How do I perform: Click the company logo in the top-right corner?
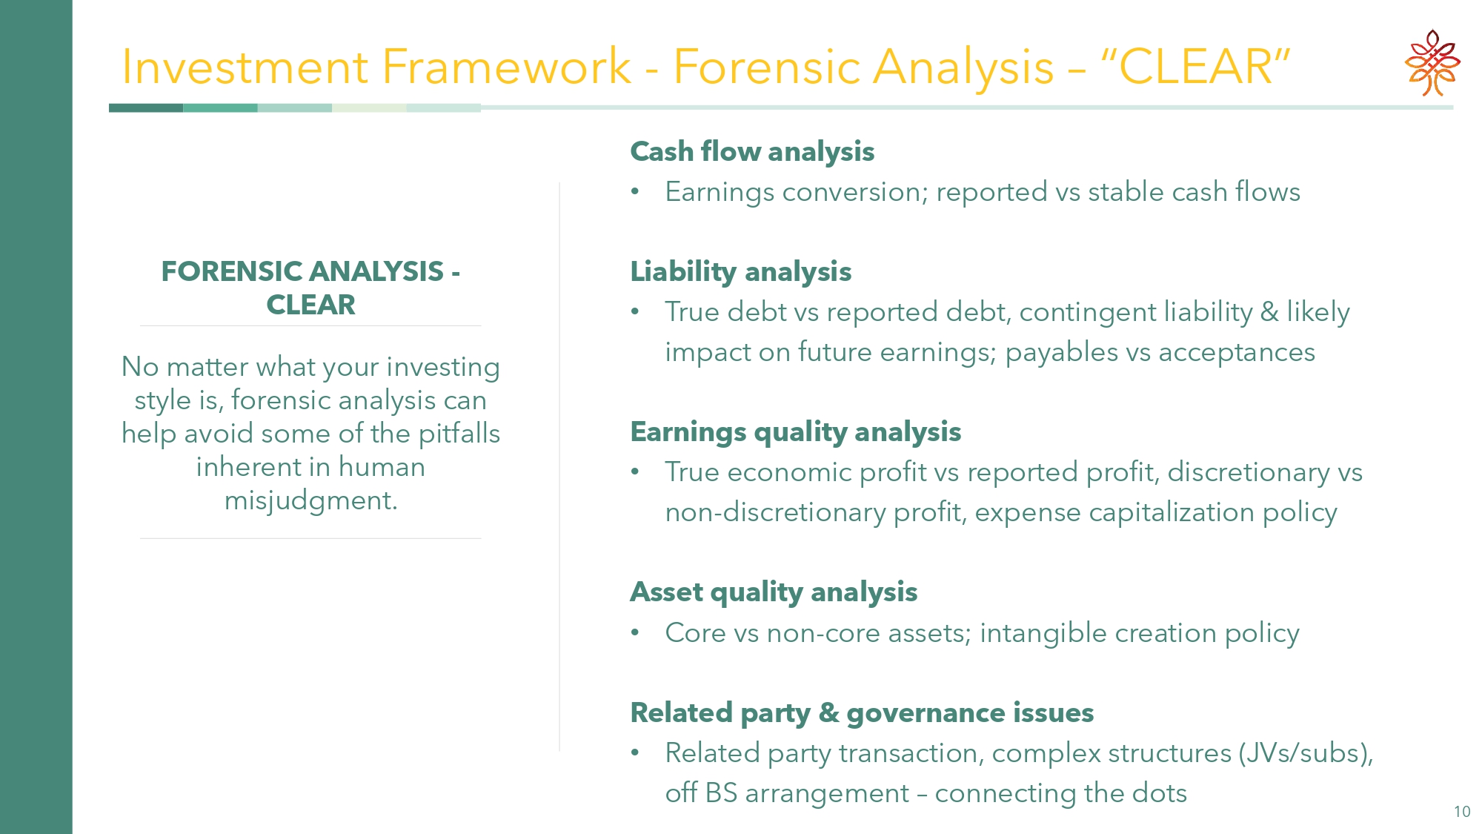coord(1432,63)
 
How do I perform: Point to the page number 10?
coord(1462,812)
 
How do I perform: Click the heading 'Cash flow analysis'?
coord(752,151)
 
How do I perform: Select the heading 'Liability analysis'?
coord(741,271)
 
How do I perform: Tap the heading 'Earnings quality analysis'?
coord(796,431)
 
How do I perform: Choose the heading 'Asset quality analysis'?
coord(774,592)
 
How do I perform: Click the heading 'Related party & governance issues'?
coord(862,712)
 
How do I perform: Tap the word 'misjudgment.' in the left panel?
coord(311,500)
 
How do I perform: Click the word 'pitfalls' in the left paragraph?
coord(459,434)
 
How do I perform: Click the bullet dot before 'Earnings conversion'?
coord(635,192)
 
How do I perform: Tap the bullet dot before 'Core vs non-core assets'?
coord(635,633)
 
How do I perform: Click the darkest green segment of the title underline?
coord(146,108)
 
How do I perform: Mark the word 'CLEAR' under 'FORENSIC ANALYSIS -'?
coord(311,305)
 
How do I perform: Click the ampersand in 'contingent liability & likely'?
coord(1269,312)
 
